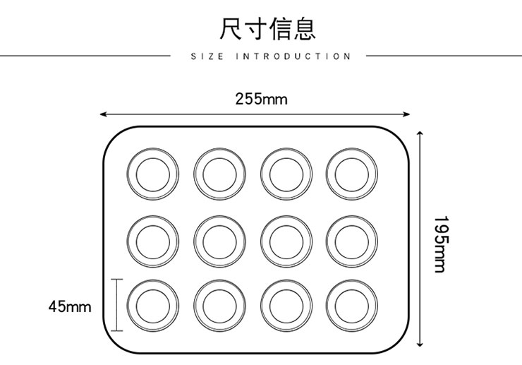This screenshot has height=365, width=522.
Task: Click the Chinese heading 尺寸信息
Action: (266, 29)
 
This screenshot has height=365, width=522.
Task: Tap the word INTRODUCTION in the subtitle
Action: (293, 56)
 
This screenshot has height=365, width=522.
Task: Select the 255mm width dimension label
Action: (261, 99)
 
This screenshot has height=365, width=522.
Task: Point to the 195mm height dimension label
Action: (439, 244)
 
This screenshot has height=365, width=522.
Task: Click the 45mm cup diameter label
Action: (70, 306)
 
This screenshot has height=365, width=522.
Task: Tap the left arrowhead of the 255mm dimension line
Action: (102, 113)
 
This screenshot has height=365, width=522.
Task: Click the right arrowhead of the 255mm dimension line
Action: (407, 113)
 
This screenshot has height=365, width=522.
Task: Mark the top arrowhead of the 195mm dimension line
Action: (420, 133)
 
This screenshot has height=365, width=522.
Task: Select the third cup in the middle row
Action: (286, 239)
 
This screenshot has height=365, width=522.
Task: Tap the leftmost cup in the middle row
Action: (153, 239)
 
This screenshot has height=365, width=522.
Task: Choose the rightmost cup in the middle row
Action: (351, 239)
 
